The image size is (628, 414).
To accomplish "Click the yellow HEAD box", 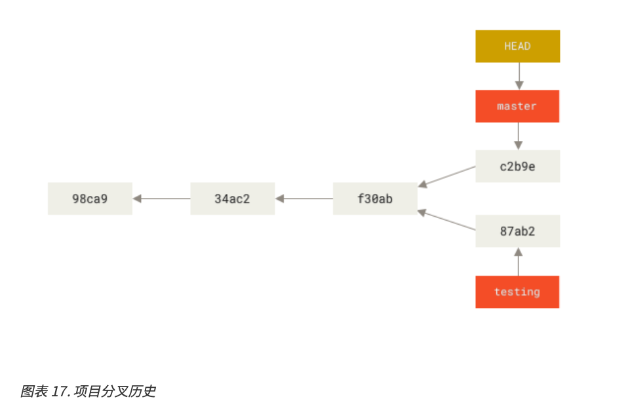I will pyautogui.click(x=517, y=46).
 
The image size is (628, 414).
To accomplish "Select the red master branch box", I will pyautogui.click(x=517, y=106).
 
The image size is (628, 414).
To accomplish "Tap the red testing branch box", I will pyautogui.click(x=517, y=292).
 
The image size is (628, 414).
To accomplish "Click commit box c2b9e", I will pyautogui.click(x=517, y=166).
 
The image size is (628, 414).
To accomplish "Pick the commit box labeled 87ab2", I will pyautogui.click(x=517, y=231).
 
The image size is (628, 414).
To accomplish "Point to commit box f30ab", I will pyautogui.click(x=375, y=198).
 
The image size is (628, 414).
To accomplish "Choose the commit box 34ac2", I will pyautogui.click(x=232, y=198).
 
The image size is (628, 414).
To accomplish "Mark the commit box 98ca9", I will pyautogui.click(x=90, y=198).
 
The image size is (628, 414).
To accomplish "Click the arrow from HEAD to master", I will pyautogui.click(x=519, y=75).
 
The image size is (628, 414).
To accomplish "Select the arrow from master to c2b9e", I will pyautogui.click(x=519, y=135).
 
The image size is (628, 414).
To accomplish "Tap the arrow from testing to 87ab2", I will pyautogui.click(x=518, y=262).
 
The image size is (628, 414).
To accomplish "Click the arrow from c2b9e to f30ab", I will pyautogui.click(x=447, y=176).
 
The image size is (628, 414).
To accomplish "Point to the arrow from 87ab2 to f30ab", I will pyautogui.click(x=447, y=220).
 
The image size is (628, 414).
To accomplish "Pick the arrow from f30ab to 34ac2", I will pyautogui.click(x=304, y=198).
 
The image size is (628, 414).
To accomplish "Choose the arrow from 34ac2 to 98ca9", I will pyautogui.click(x=162, y=198).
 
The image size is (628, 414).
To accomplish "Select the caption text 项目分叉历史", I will pyautogui.click(x=115, y=392).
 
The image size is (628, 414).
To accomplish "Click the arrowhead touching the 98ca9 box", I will pyautogui.click(x=137, y=198).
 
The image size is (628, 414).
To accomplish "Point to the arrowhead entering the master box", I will pyautogui.click(x=519, y=85).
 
